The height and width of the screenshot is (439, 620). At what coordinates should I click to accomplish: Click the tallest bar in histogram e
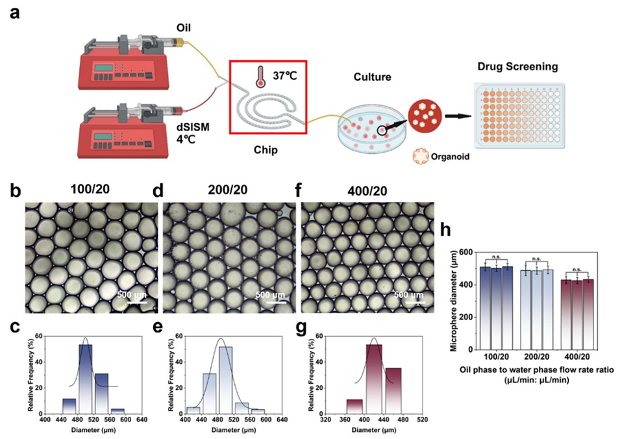pyautogui.click(x=225, y=379)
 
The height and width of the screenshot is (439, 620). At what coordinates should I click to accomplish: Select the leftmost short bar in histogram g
pyautogui.click(x=354, y=406)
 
